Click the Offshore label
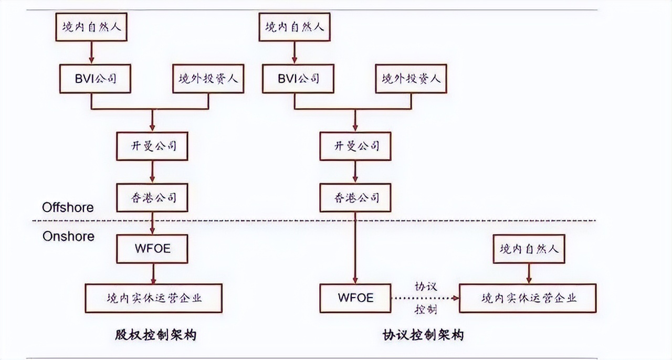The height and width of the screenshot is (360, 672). click(68, 207)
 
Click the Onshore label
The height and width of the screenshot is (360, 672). click(68, 236)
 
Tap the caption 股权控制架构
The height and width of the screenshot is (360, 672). click(155, 335)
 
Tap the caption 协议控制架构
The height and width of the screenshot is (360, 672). click(423, 335)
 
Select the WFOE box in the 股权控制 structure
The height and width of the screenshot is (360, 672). click(152, 249)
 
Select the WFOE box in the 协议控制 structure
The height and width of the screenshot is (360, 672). click(355, 298)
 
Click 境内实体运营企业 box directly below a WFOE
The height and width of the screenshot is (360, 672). click(153, 298)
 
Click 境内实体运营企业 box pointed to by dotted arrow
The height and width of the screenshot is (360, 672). click(528, 298)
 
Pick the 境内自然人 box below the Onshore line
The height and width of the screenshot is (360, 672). click(529, 249)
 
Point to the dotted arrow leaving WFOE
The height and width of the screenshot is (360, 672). click(424, 298)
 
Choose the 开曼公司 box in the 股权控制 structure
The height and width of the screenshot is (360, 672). click(152, 146)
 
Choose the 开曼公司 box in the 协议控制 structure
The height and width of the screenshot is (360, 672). click(356, 146)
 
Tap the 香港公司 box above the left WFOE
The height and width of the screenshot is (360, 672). click(152, 197)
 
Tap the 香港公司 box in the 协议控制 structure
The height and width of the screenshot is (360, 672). click(356, 197)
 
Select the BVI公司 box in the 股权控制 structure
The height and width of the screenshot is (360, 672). click(94, 79)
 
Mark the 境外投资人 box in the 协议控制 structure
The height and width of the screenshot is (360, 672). click(412, 79)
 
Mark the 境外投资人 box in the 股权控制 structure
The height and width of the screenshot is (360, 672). click(208, 79)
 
